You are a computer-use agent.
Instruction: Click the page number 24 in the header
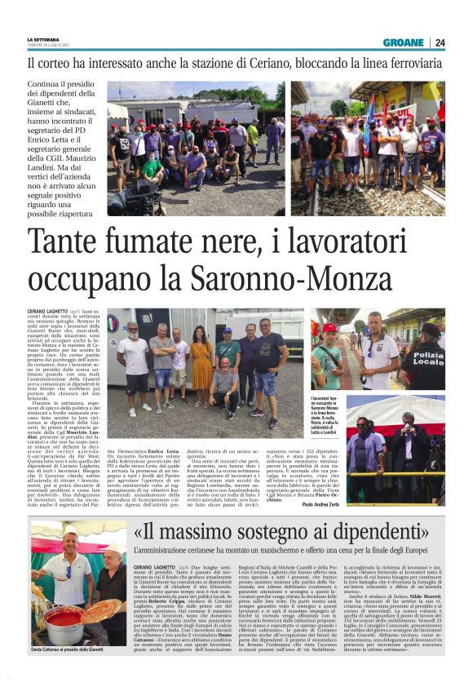(x=440, y=42)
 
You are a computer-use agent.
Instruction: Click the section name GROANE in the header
(x=403, y=42)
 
